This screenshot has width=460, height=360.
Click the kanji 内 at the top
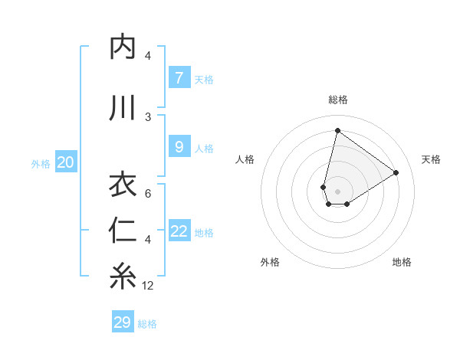pos(123,47)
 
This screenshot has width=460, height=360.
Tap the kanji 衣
pos(123,185)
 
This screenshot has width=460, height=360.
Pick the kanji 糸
pos(123,277)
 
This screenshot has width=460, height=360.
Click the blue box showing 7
pos(179,78)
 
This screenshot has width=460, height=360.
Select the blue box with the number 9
pos(179,147)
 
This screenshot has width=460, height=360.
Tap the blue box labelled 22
pos(179,231)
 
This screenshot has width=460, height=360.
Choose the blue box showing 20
pos(66,162)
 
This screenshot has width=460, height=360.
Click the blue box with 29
pos(123,322)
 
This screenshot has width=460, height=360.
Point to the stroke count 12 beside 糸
pos(148,286)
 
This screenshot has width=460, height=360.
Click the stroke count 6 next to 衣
pos(148,193)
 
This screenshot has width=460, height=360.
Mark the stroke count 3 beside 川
pos(148,116)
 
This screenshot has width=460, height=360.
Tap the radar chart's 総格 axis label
pos(337,100)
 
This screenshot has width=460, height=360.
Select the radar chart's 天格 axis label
pos(431,159)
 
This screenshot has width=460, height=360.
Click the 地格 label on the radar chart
pos(402,262)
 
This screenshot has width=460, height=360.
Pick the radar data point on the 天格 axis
pos(396,172)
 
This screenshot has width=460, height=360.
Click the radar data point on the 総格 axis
pos(337,130)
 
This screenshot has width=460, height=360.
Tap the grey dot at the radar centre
pos(337,191)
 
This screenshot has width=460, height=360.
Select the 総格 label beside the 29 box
pos(147,324)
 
